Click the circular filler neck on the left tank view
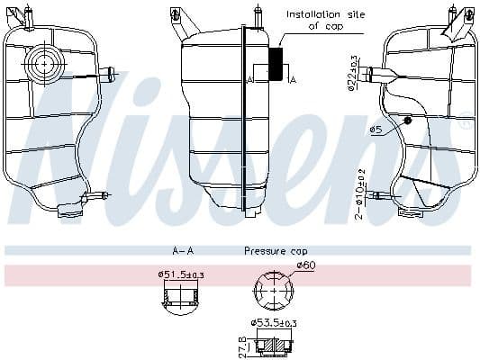42,62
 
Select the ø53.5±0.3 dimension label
275,322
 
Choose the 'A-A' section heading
185,251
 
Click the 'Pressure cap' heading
276,251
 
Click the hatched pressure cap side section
275,345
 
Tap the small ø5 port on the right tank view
408,120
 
